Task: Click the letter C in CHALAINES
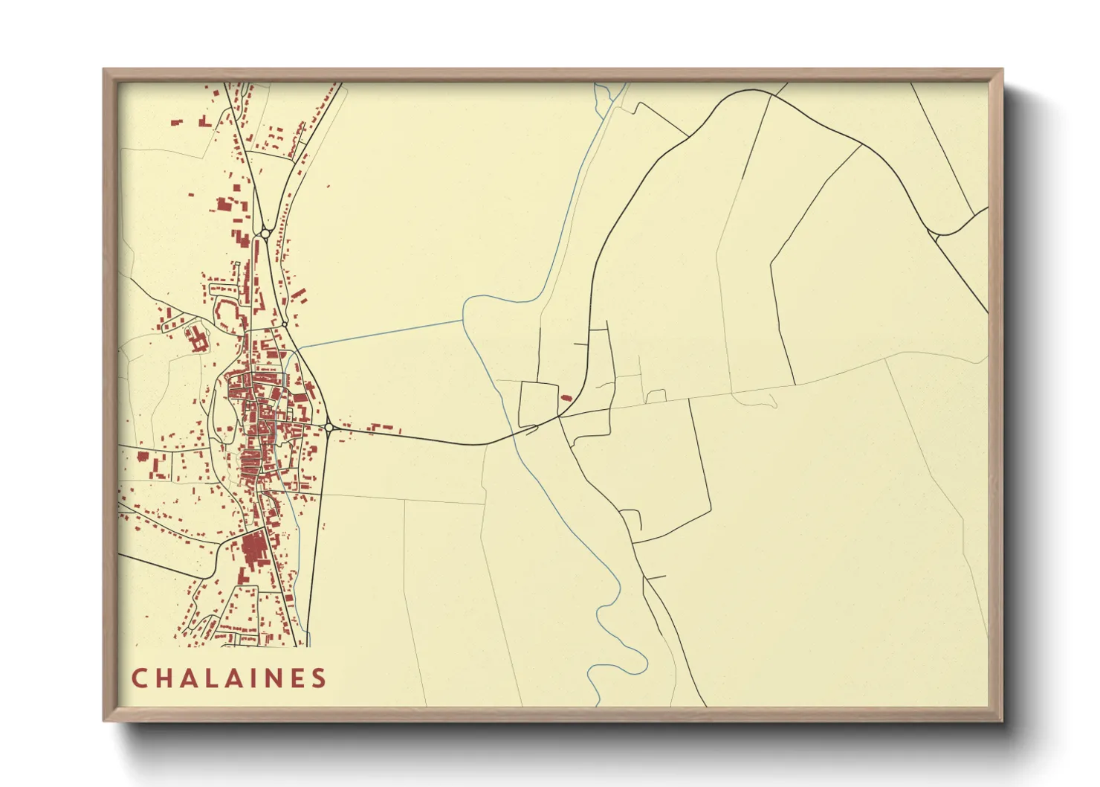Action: (139, 678)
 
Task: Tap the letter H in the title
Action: (165, 678)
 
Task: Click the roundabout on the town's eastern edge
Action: (329, 427)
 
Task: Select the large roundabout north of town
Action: (265, 234)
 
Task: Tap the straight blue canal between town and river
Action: (379, 334)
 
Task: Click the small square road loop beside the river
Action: (538, 404)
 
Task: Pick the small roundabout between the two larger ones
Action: (284, 324)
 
